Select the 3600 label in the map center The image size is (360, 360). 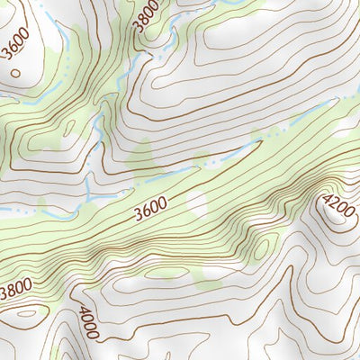149,208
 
